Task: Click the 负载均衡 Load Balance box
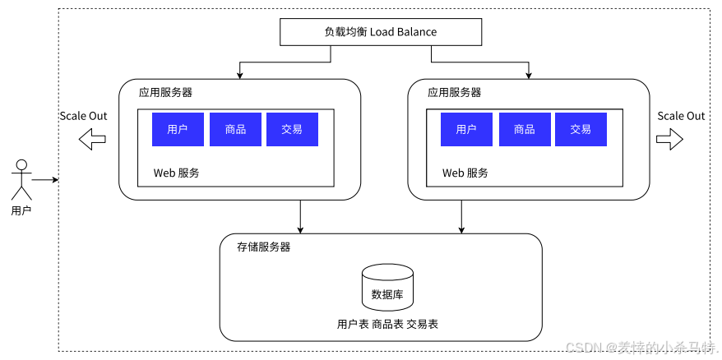click(x=380, y=32)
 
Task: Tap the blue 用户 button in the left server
click(x=178, y=130)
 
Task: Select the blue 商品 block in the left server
click(x=235, y=130)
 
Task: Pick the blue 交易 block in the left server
click(x=292, y=130)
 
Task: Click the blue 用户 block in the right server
click(x=466, y=130)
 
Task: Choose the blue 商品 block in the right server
click(x=524, y=130)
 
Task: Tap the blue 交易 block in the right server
click(x=581, y=130)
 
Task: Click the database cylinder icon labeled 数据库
click(x=387, y=288)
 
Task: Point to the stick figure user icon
click(x=21, y=180)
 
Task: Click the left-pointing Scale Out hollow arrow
click(x=92, y=140)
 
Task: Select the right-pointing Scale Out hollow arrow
click(x=669, y=140)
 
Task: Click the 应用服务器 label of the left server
click(x=165, y=93)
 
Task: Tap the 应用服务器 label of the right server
click(x=454, y=93)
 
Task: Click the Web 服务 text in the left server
click(x=176, y=173)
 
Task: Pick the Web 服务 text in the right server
click(x=465, y=173)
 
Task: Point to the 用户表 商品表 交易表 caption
click(x=387, y=325)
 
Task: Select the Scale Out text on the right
click(x=681, y=116)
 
